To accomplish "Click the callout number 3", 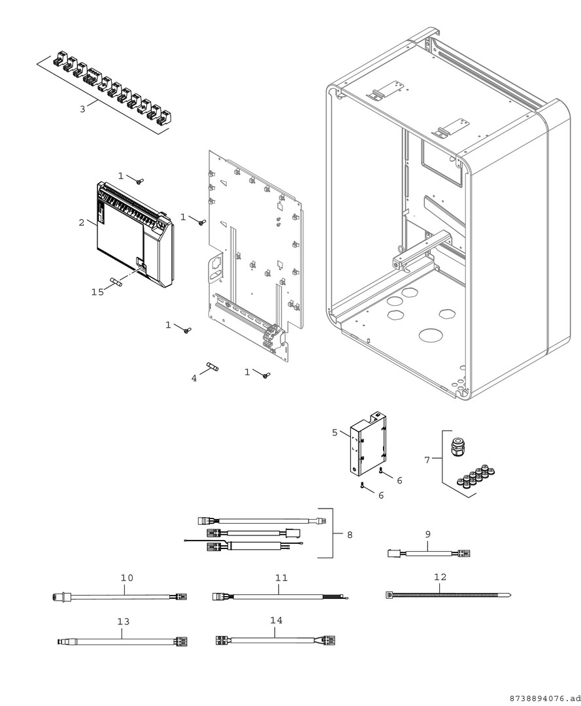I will pos(82,109).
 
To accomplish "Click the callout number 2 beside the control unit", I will pos(82,222).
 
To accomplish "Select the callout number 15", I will pos(97,292).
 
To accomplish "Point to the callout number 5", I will pos(335,432).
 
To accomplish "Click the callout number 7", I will pos(427,460).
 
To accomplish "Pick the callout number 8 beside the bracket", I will pos(350,535).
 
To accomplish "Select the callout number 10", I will pos(127,578).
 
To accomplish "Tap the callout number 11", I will pos(282,578).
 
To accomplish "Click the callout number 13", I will pos(124,622).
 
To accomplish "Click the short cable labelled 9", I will pos(429,554).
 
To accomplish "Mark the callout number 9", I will pos(428,534).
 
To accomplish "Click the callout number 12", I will pos(440,577).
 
